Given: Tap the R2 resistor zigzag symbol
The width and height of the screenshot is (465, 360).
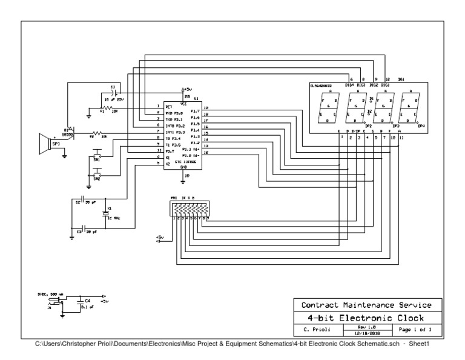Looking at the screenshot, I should [97, 134].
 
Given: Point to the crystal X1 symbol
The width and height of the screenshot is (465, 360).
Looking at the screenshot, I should [105, 214].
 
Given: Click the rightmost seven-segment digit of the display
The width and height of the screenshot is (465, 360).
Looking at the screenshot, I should [409, 107].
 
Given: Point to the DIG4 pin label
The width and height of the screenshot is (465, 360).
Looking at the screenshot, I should [349, 85].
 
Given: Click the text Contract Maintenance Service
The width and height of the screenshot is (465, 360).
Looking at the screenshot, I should [367, 304].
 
